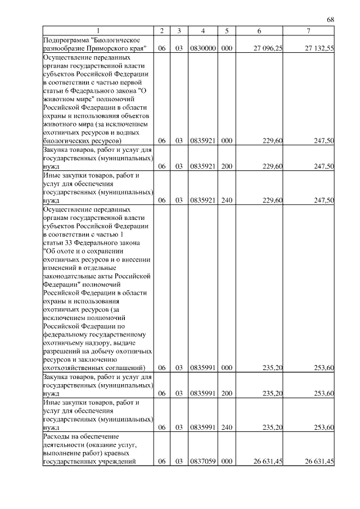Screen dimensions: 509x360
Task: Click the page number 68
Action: coord(331,20)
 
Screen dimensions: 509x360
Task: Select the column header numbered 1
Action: coord(98,31)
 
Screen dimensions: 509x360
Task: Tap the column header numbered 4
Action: coord(202,31)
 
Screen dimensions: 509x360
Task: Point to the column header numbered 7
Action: coord(308,31)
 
